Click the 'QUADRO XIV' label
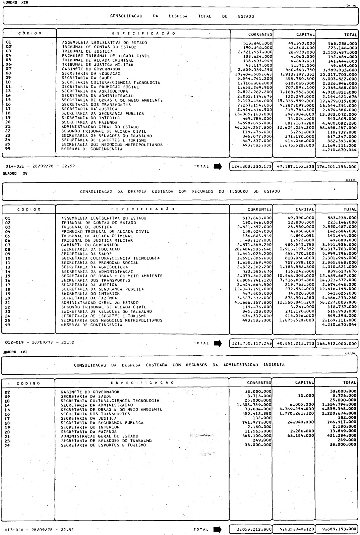(10, 2)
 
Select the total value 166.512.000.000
(337, 343)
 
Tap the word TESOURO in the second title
(239, 191)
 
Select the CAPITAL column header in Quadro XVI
(304, 382)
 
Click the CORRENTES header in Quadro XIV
(260, 34)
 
